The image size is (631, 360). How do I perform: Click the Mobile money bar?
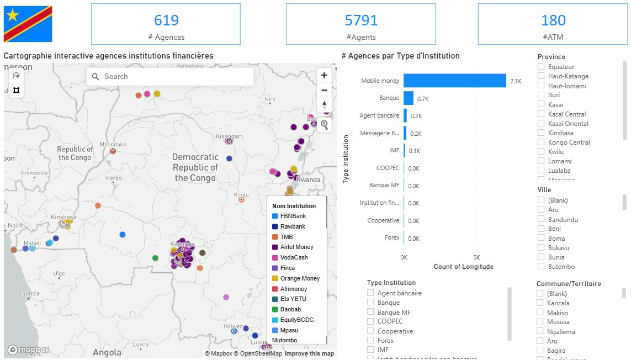point(454,81)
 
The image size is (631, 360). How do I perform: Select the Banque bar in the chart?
point(409,98)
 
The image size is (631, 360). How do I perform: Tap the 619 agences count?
point(166,20)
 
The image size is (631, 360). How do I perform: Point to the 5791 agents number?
point(361,20)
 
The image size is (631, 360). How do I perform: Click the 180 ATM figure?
point(553,20)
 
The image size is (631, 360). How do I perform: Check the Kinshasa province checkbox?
point(541,133)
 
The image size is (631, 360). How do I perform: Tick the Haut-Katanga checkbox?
point(541,76)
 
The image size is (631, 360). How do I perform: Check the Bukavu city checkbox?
point(541,248)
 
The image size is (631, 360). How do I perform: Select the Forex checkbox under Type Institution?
point(371,341)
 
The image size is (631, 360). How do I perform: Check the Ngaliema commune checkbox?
point(540,332)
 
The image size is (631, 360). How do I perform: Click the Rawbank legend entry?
point(293,226)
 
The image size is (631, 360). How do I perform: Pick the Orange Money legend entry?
point(300,278)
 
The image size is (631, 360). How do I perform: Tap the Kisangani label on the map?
point(229,136)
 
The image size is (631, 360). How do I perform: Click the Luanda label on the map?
point(29,294)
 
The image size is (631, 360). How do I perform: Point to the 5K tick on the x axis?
point(476,258)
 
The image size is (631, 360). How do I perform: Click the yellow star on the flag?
point(12,15)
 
